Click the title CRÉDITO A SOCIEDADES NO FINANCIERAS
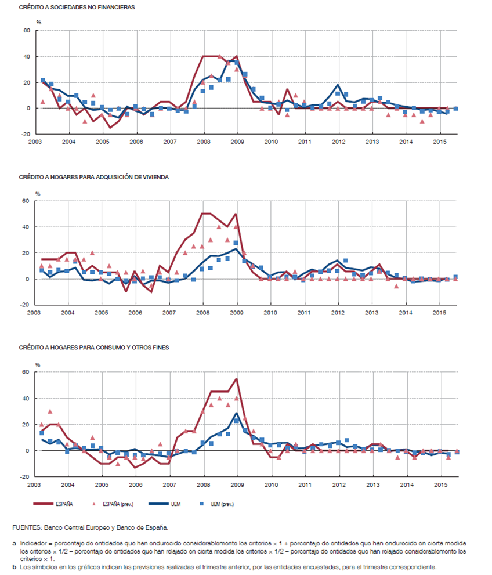click(77, 8)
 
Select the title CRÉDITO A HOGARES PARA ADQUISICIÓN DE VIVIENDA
click(93, 176)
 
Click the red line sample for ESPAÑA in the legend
click(45, 504)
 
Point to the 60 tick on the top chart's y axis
click(26, 30)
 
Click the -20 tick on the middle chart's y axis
click(25, 305)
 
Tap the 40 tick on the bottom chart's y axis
click(26, 398)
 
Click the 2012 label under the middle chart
click(338, 312)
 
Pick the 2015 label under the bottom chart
click(440, 483)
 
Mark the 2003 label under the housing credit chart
click(34, 312)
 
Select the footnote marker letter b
click(14, 566)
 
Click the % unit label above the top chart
click(38, 22)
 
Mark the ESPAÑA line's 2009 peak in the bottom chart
click(237, 379)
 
